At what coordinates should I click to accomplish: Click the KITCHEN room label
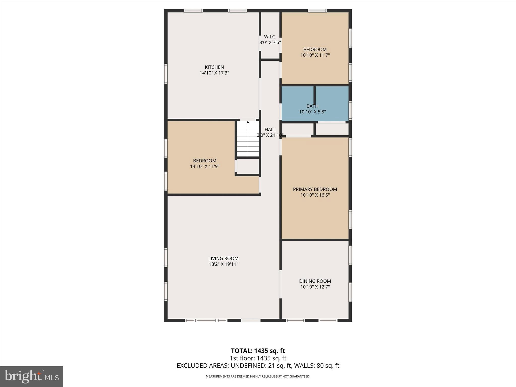(214, 67)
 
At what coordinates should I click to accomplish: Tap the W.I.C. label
(270, 37)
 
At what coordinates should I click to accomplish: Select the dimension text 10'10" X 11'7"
(315, 55)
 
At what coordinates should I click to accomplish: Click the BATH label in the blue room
(312, 106)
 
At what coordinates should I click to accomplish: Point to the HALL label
(270, 130)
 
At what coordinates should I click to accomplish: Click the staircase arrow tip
(248, 122)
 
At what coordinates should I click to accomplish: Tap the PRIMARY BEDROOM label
(315, 189)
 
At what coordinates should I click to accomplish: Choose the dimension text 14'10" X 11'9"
(205, 166)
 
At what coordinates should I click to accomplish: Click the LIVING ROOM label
(223, 258)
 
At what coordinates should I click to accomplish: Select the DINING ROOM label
(315, 281)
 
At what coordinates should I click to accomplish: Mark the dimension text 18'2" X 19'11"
(223, 264)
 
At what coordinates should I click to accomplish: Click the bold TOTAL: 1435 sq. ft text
(258, 351)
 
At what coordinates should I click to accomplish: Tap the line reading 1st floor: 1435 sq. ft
(258, 358)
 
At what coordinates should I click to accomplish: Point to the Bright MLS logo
(31, 376)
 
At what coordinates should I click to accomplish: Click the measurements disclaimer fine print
(258, 376)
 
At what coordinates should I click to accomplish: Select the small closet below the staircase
(248, 166)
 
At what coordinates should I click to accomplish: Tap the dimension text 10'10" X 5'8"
(312, 112)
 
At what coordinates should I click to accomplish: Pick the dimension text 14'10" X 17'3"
(214, 73)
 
